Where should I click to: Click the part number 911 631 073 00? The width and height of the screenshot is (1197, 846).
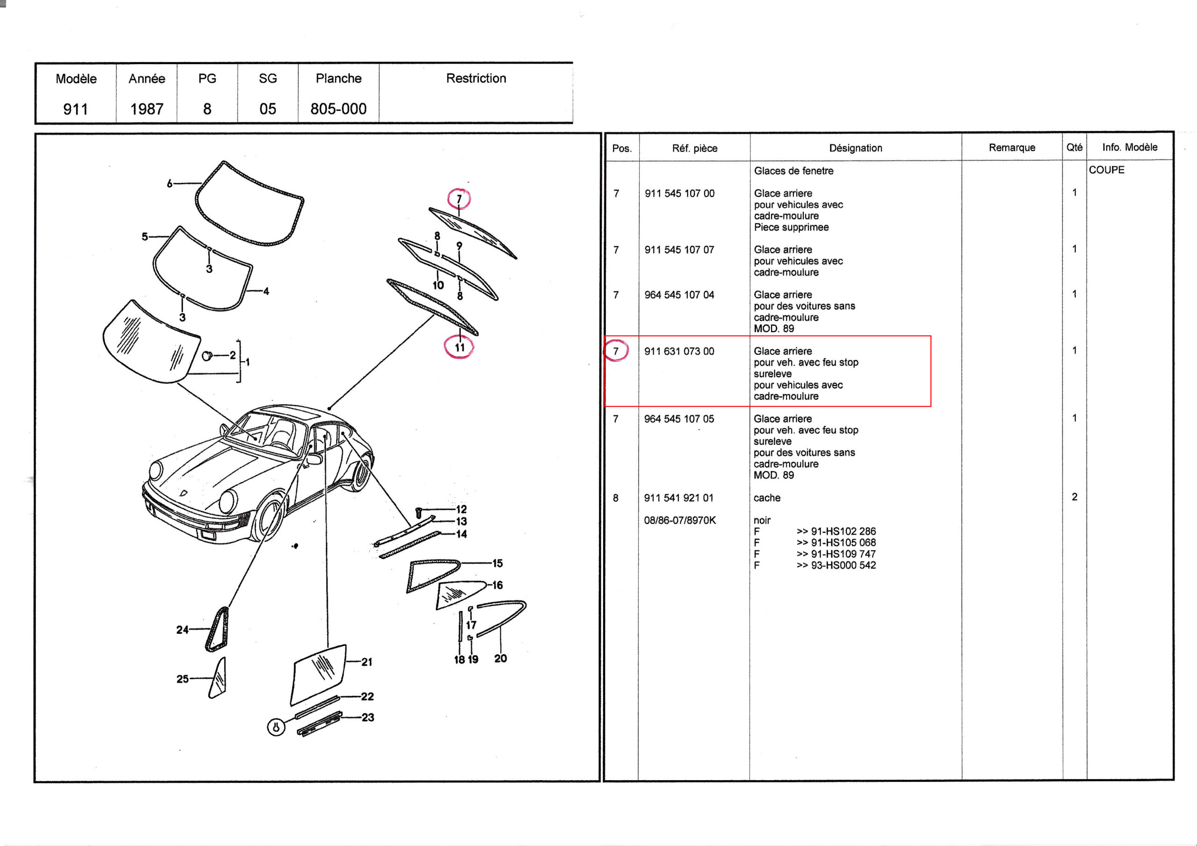click(x=679, y=351)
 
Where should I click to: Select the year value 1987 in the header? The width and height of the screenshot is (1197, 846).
click(x=146, y=109)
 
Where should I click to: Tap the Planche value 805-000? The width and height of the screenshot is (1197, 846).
click(x=339, y=109)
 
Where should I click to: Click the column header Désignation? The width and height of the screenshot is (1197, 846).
click(x=856, y=148)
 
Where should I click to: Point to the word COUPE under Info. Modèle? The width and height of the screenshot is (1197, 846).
click(x=1106, y=170)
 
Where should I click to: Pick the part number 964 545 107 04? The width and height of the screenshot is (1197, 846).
click(x=679, y=295)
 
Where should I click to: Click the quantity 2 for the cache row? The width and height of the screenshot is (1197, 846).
click(x=1074, y=497)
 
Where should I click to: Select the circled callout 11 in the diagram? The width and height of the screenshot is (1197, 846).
click(x=459, y=348)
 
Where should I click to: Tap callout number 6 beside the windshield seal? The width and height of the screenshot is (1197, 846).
click(x=169, y=184)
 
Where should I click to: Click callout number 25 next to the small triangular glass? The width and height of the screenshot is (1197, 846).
click(x=182, y=679)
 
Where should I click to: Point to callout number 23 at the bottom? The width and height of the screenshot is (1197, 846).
click(x=368, y=718)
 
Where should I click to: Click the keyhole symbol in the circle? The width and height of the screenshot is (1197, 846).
click(x=276, y=727)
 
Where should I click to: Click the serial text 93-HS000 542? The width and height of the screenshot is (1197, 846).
click(x=843, y=566)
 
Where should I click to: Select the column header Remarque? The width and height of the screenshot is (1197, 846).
click(x=1011, y=148)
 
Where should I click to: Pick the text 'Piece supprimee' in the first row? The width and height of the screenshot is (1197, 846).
click(x=791, y=227)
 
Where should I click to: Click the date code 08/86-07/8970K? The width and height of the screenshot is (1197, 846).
click(x=680, y=520)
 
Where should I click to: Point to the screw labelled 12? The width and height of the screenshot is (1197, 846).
click(x=418, y=512)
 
